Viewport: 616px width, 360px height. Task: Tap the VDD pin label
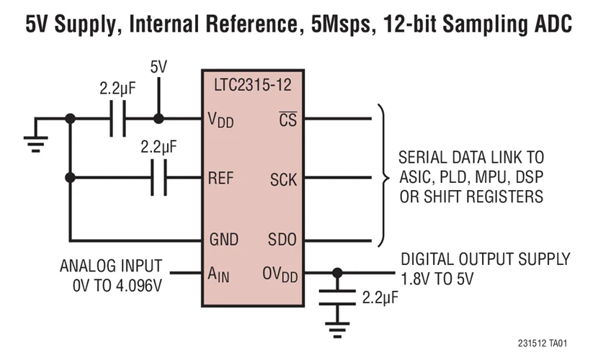[x=219, y=120]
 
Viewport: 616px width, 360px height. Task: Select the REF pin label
[x=220, y=178]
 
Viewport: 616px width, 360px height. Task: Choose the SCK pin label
[x=283, y=179]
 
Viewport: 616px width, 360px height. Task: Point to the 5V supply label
[x=159, y=67]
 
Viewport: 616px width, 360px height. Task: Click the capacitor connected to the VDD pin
[x=118, y=119]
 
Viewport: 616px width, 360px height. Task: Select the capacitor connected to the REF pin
[x=159, y=178]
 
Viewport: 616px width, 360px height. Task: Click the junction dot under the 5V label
[x=159, y=119]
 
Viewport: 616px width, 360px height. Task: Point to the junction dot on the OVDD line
[x=336, y=274]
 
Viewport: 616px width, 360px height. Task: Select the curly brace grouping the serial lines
[x=382, y=178]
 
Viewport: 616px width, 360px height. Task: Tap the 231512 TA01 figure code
[x=547, y=343]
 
